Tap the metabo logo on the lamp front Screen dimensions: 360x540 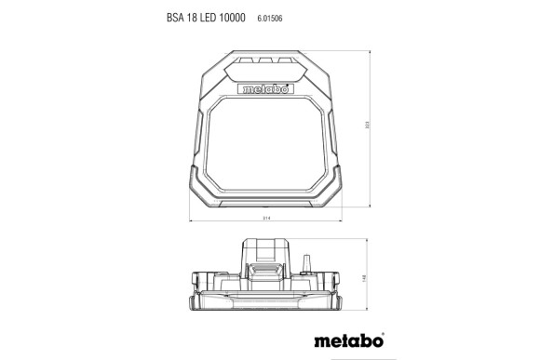pos(268,90)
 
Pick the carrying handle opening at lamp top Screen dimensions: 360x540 pos(268,67)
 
